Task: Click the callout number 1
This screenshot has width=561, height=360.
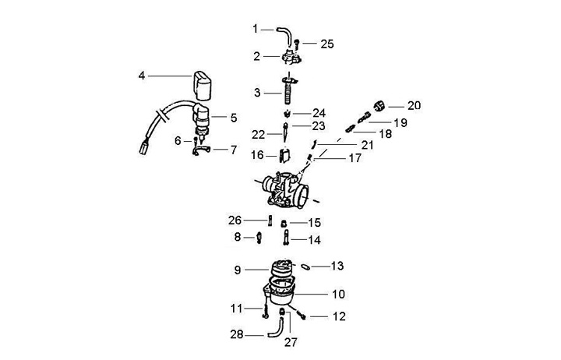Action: (x=255, y=29)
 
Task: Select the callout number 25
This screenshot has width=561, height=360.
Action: (x=327, y=44)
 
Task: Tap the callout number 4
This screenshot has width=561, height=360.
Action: (x=142, y=76)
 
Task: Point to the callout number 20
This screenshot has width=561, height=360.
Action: (x=414, y=105)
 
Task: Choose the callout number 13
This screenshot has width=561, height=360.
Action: (x=337, y=266)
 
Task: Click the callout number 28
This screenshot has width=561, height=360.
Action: (x=236, y=335)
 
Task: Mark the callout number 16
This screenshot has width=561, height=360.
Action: (x=257, y=156)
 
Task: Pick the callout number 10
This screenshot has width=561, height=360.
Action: (x=338, y=295)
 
